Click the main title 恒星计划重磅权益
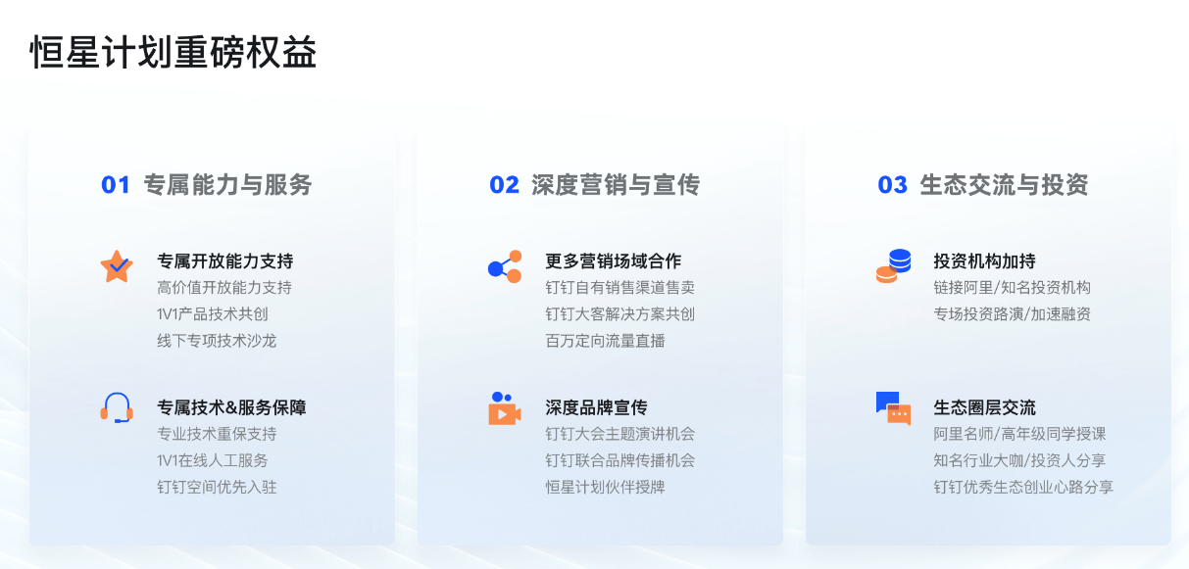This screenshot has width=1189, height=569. pyautogui.click(x=173, y=53)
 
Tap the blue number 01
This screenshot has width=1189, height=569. pyautogui.click(x=116, y=185)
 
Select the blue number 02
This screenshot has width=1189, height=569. pyautogui.click(x=504, y=185)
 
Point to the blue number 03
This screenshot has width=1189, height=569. pyautogui.click(x=893, y=185)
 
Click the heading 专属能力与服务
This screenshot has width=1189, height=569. pyautogui.click(x=227, y=185)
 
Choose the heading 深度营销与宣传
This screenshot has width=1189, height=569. pyautogui.click(x=616, y=185)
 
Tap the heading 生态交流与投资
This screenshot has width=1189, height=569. pyautogui.click(x=1005, y=185)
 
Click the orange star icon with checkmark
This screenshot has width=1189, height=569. pyautogui.click(x=117, y=266)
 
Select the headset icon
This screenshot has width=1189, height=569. pyautogui.click(x=117, y=407)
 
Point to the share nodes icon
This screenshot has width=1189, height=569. pyautogui.click(x=505, y=266)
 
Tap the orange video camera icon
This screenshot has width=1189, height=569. pyautogui.click(x=505, y=408)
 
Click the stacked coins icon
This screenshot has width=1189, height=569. pyautogui.click(x=893, y=266)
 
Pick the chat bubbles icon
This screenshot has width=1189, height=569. pyautogui.click(x=893, y=408)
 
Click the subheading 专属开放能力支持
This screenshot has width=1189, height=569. pyautogui.click(x=225, y=261)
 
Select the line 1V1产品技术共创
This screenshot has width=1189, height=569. pyautogui.click(x=213, y=314)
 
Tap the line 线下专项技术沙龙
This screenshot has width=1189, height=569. pyautogui.click(x=217, y=341)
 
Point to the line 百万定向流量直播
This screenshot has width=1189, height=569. pyautogui.click(x=605, y=341)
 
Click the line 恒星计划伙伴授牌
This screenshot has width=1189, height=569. pyautogui.click(x=605, y=487)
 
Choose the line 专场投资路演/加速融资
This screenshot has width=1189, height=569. pyautogui.click(x=1013, y=314)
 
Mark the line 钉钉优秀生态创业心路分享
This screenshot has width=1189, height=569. pyautogui.click(x=1023, y=487)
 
